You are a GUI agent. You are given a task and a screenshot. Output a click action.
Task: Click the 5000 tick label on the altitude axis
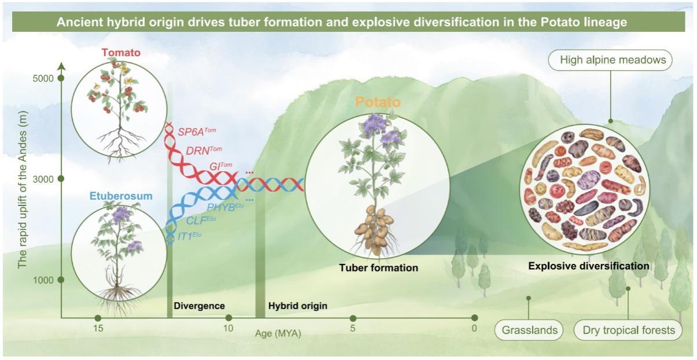point(43,78)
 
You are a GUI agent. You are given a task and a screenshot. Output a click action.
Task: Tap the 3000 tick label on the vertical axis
point(43,179)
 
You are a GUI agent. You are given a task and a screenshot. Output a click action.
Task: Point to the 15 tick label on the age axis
point(98,328)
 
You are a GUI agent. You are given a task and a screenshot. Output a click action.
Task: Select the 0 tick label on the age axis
point(474,328)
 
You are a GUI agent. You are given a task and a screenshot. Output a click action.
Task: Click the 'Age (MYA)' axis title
point(278,333)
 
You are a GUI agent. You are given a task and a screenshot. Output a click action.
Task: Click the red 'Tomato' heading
point(121,52)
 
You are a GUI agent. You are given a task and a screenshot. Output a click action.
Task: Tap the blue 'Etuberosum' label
point(121,196)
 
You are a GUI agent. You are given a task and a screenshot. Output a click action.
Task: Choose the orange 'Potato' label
point(378,102)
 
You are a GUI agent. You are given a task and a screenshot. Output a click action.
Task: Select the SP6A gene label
point(197,131)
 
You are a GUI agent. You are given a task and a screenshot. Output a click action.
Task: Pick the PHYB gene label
point(225,207)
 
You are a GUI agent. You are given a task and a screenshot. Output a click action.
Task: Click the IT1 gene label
point(189,236)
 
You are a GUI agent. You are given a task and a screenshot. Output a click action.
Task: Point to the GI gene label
point(221,166)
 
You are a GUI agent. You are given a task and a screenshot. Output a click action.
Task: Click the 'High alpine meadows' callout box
point(610,60)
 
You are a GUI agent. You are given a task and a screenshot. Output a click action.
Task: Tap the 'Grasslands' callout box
point(529,330)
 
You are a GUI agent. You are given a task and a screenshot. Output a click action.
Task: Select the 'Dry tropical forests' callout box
point(628,330)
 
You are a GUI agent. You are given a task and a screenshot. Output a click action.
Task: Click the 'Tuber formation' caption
point(379,268)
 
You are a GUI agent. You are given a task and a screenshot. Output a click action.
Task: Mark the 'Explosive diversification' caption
point(589,266)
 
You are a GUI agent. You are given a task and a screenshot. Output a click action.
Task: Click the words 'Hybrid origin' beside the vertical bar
point(298,306)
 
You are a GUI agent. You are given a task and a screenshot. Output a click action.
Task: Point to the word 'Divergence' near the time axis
point(199,306)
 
